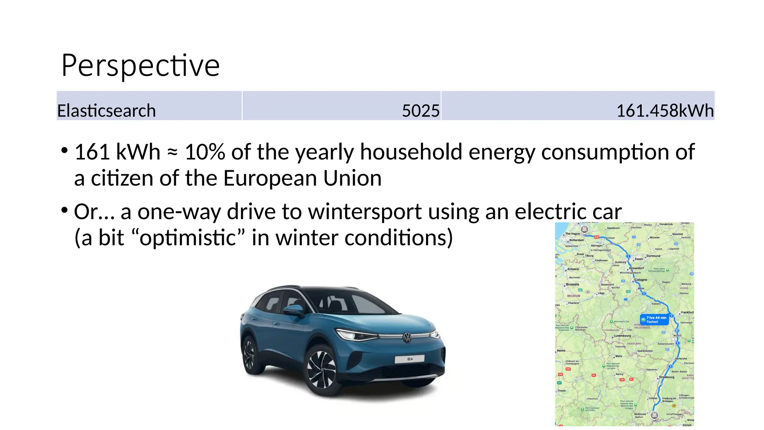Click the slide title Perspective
tap(140, 66)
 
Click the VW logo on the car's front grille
tap(407, 337)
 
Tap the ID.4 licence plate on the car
tap(410, 359)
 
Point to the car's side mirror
tap(294, 309)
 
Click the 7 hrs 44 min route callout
tap(654, 320)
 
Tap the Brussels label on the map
tap(572, 284)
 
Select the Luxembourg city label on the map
tap(622, 336)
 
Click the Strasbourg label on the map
tap(667, 377)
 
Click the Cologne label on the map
tap(641, 280)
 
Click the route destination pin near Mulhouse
tap(654, 415)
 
